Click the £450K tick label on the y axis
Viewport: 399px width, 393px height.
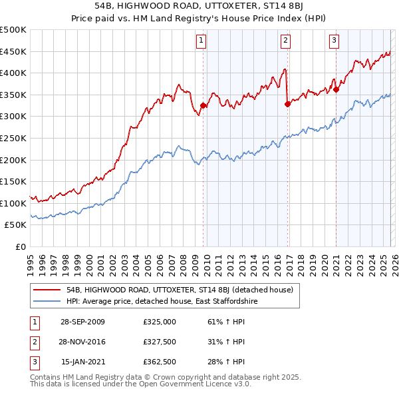(x=13, y=51)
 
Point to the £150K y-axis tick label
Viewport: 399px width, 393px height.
(x=13, y=182)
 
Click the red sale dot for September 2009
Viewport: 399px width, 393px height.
(x=203, y=105)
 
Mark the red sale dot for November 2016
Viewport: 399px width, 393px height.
(x=287, y=104)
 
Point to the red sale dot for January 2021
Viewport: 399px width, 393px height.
(x=336, y=89)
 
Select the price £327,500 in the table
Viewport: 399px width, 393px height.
(x=160, y=342)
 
